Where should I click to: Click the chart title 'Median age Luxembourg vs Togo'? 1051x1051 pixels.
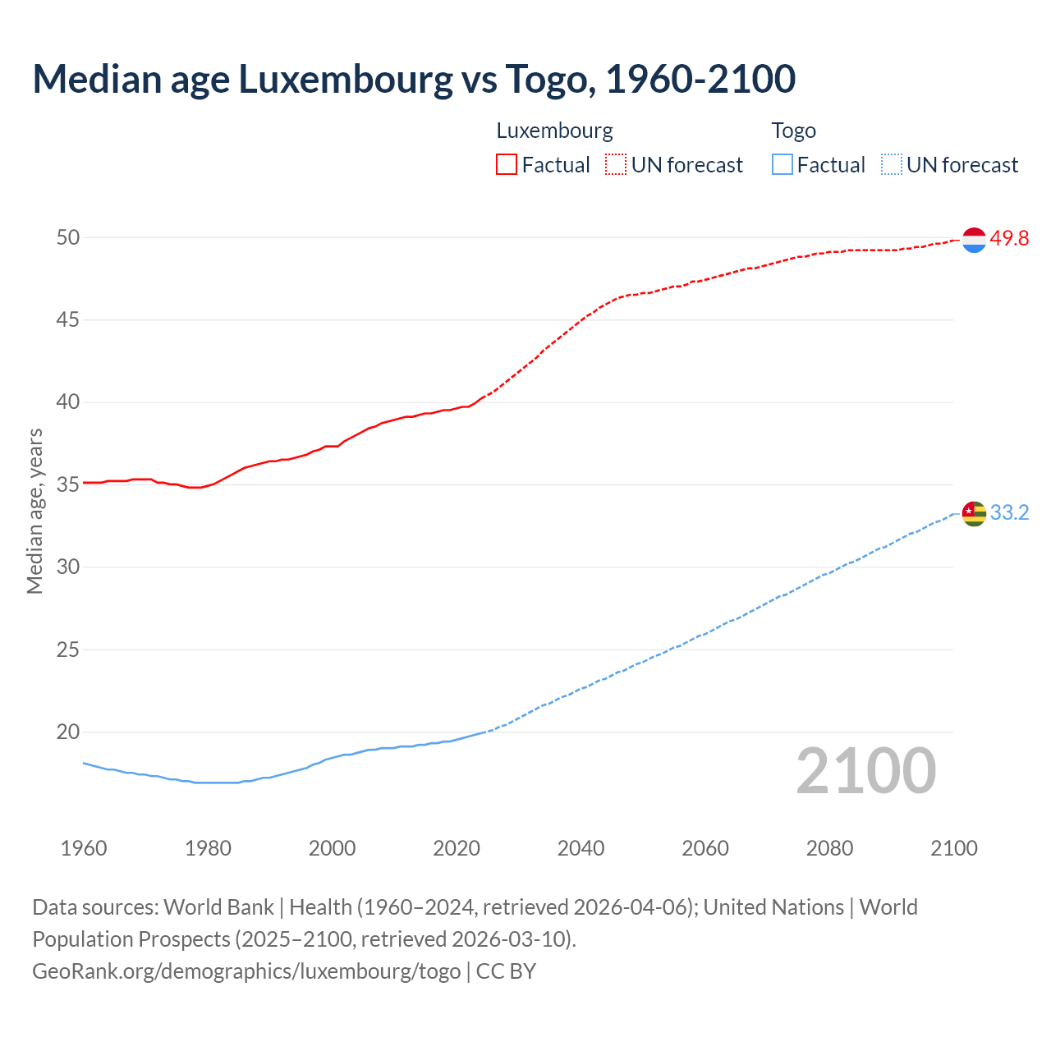point(414,79)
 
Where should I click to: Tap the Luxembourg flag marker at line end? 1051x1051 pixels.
point(974,240)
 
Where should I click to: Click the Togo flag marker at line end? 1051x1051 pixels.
point(974,513)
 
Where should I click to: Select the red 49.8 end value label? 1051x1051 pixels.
point(1009,238)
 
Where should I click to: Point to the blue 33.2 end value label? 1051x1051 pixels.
point(1009,512)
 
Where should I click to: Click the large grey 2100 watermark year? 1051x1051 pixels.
point(865,770)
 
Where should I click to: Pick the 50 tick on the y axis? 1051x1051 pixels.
point(67,237)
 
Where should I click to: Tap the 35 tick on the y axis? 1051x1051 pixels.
point(67,484)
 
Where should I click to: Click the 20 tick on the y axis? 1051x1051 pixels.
point(67,732)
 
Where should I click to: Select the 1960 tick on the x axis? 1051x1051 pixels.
point(84,848)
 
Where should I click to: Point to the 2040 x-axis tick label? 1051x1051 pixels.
point(581,848)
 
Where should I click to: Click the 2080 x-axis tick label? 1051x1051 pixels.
point(829,848)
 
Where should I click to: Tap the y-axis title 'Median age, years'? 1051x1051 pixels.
point(34,511)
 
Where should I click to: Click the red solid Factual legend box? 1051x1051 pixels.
point(507,165)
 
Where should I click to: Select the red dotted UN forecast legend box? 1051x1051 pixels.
point(616,165)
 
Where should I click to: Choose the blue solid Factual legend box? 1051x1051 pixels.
point(783,165)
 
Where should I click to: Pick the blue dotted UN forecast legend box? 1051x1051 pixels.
point(891,165)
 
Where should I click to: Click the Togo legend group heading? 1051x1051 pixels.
point(793,131)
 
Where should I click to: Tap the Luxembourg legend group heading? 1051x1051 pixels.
point(554,131)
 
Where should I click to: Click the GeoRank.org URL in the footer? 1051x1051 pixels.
point(246,971)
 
